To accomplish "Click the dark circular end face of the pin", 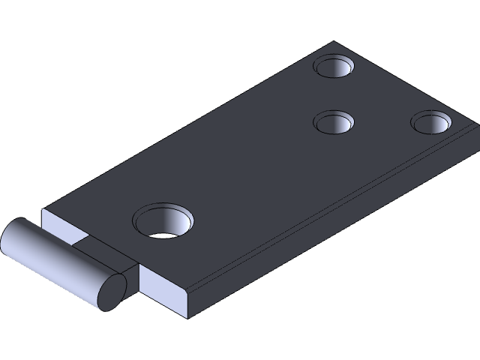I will coord(112,292).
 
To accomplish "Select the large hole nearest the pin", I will coord(163,220).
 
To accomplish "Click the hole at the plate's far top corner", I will coord(334,67).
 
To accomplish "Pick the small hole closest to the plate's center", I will coord(333,121).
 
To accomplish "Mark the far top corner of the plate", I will coord(335,42).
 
